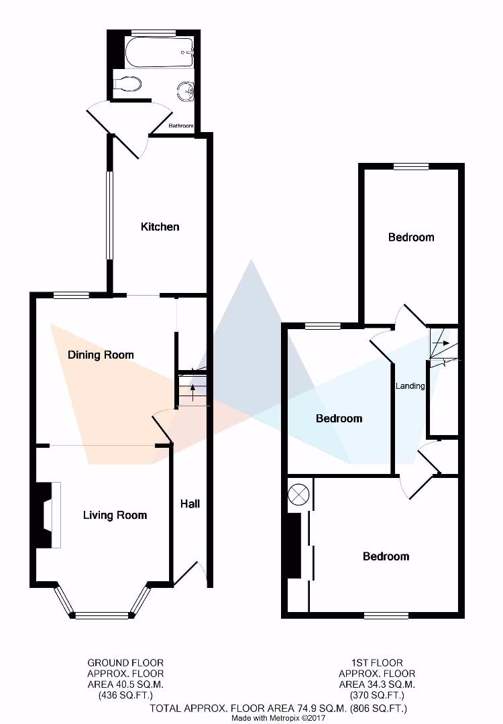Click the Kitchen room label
tap(160, 227)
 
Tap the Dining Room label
tap(101, 355)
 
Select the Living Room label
tap(115, 516)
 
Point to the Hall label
tap(190, 503)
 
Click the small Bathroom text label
tap(180, 126)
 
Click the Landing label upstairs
tap(410, 386)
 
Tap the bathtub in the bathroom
tap(160, 51)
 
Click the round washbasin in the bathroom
tap(185, 90)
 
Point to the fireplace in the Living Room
tap(47, 515)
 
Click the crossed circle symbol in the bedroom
tap(298, 495)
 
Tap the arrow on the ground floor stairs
tap(193, 390)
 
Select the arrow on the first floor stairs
tap(441, 343)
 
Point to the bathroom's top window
tap(154, 32)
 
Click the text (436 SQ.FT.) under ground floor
tap(125, 696)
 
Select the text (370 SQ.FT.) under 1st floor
tap(376, 696)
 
